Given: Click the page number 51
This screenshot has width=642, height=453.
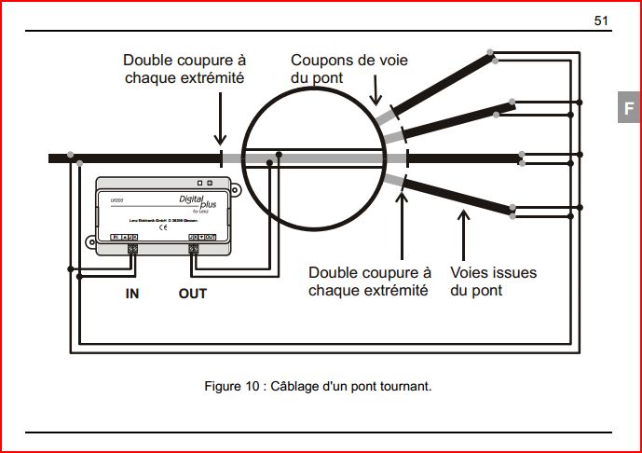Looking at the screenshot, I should point(601,21).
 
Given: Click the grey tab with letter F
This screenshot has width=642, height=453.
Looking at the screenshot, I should point(629,107).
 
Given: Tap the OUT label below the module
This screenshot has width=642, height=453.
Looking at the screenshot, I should point(192,294).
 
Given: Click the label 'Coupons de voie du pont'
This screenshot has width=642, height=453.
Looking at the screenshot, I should point(348,69).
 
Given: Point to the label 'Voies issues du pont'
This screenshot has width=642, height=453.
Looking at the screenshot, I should point(493,281).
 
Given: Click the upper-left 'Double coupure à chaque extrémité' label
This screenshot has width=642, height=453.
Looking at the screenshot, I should point(184,69).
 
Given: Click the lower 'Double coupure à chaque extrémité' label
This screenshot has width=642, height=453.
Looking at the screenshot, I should point(370,281).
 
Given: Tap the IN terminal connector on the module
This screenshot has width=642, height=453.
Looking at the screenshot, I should point(131,248).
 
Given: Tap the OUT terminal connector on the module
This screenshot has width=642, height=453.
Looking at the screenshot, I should point(193,248).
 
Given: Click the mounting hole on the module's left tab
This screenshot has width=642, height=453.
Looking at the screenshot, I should point(91,243).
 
